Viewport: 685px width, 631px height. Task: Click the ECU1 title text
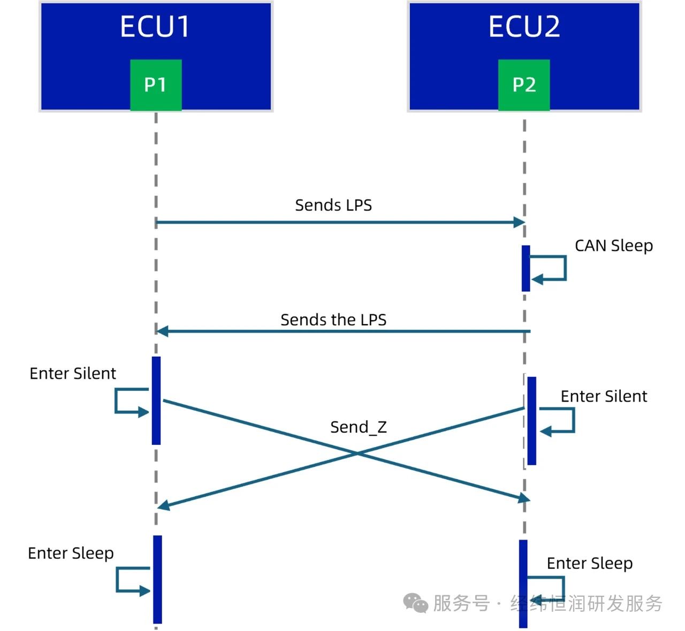pos(155,27)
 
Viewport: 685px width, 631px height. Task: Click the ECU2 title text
pos(524,27)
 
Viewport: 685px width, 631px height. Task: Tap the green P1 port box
pos(156,85)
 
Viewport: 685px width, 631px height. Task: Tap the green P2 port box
pos(524,85)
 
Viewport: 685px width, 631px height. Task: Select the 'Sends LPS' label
pos(333,205)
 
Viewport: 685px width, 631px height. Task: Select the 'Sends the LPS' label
pos(333,320)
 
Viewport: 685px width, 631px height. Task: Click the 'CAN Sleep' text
pos(614,246)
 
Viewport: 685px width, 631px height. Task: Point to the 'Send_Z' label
pos(358,427)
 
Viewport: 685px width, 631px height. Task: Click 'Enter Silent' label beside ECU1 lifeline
pos(73,374)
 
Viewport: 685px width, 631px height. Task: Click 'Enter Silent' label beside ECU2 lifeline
pos(604,396)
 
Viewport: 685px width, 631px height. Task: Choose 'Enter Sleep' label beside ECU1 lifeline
pos(71,553)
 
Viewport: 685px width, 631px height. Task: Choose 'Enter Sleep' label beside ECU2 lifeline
pos(590,564)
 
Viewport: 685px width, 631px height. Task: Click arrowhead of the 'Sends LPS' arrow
pos(519,222)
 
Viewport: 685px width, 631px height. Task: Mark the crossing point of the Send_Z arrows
pos(357,453)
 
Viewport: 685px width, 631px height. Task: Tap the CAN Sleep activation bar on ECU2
pos(526,268)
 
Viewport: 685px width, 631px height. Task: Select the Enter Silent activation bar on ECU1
pos(156,401)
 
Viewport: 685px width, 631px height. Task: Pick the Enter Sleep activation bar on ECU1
pos(157,579)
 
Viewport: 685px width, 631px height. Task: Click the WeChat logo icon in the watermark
pos(415,603)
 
